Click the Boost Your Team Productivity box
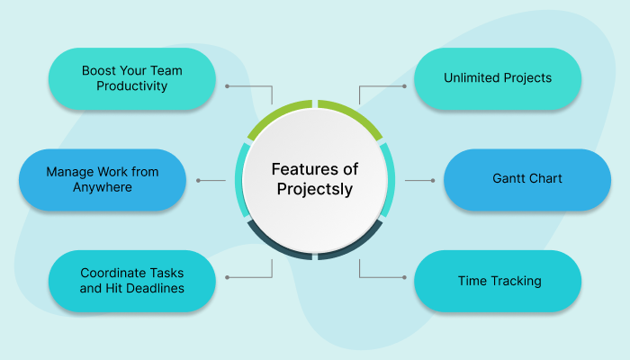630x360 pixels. click(131, 78)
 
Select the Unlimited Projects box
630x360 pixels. click(497, 78)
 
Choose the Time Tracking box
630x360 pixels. click(497, 281)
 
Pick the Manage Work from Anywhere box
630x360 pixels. click(102, 179)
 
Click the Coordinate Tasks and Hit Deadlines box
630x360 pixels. click(131, 281)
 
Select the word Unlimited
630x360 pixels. click(473, 78)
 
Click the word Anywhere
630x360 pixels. click(102, 187)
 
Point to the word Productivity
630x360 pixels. click(131, 86)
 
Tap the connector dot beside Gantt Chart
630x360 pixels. click(433, 180)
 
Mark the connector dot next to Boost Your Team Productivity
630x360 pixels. click(227, 86)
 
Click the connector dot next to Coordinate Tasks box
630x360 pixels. click(227, 276)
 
